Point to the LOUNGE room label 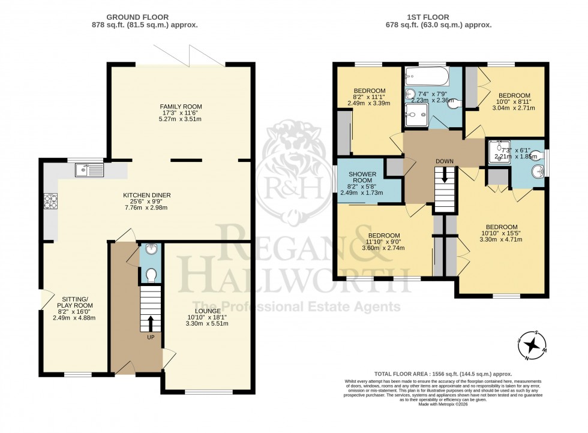[207, 311]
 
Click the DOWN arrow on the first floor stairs [445, 175]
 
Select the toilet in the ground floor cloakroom [151, 275]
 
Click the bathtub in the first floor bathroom [426, 76]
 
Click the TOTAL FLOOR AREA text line [444, 373]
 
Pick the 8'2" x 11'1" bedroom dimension [368, 98]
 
